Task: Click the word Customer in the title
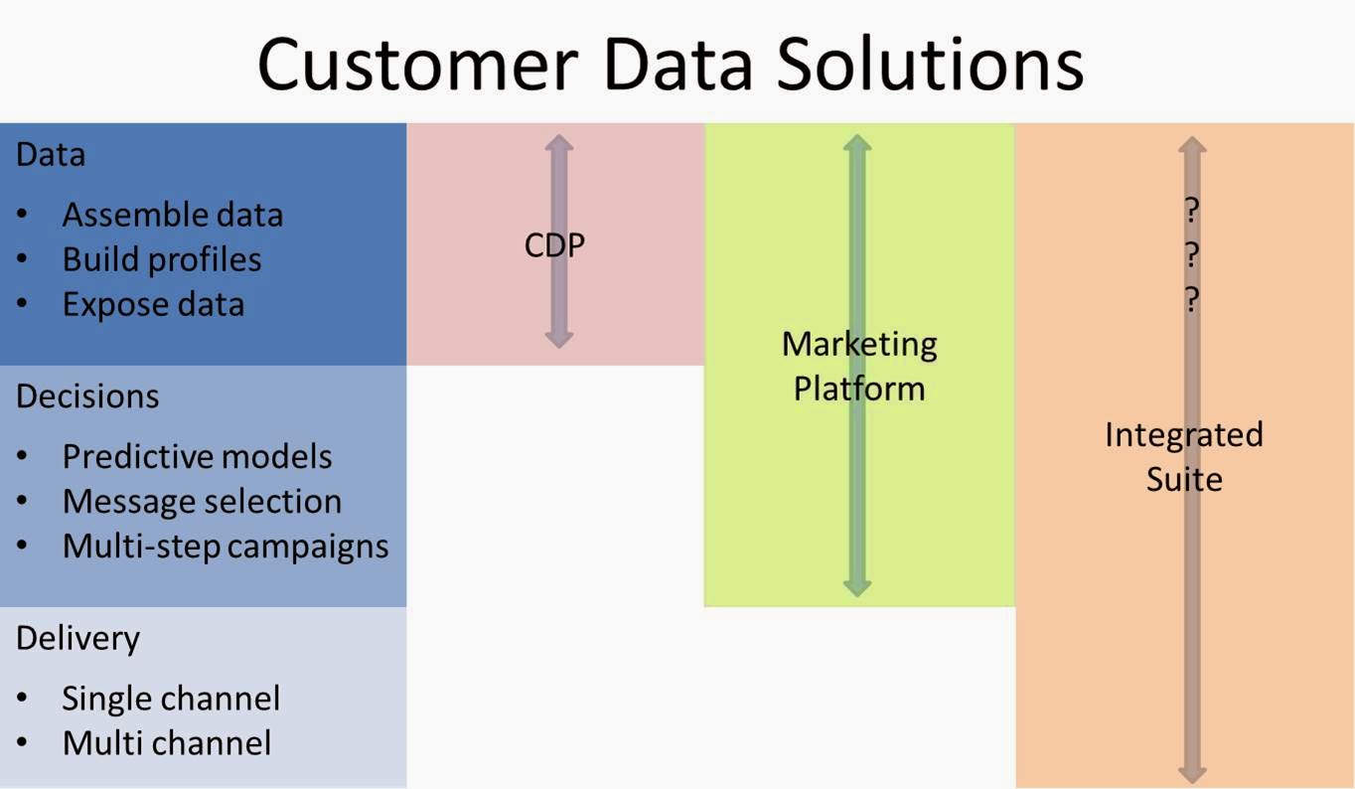point(416,64)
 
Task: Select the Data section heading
point(51,155)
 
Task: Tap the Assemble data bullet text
point(172,215)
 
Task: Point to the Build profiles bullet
point(162,259)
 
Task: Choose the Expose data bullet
point(153,304)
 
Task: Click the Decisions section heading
point(87,395)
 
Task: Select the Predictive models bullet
point(197,456)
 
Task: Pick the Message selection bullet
point(202,501)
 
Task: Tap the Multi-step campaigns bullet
point(226,546)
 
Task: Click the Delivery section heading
point(77,638)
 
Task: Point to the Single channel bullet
point(171,699)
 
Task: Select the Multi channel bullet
point(166,743)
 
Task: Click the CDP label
point(554,244)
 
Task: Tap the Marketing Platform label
point(859,365)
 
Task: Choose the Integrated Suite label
point(1184,456)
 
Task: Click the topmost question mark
point(1192,211)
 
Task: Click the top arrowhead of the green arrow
point(857,144)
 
